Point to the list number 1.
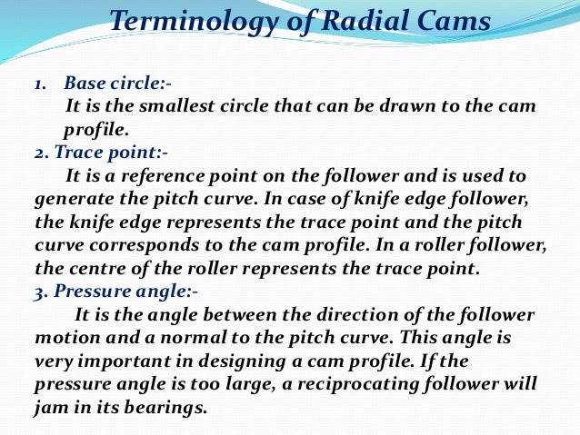[x=40, y=84]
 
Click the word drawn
[x=392, y=106]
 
